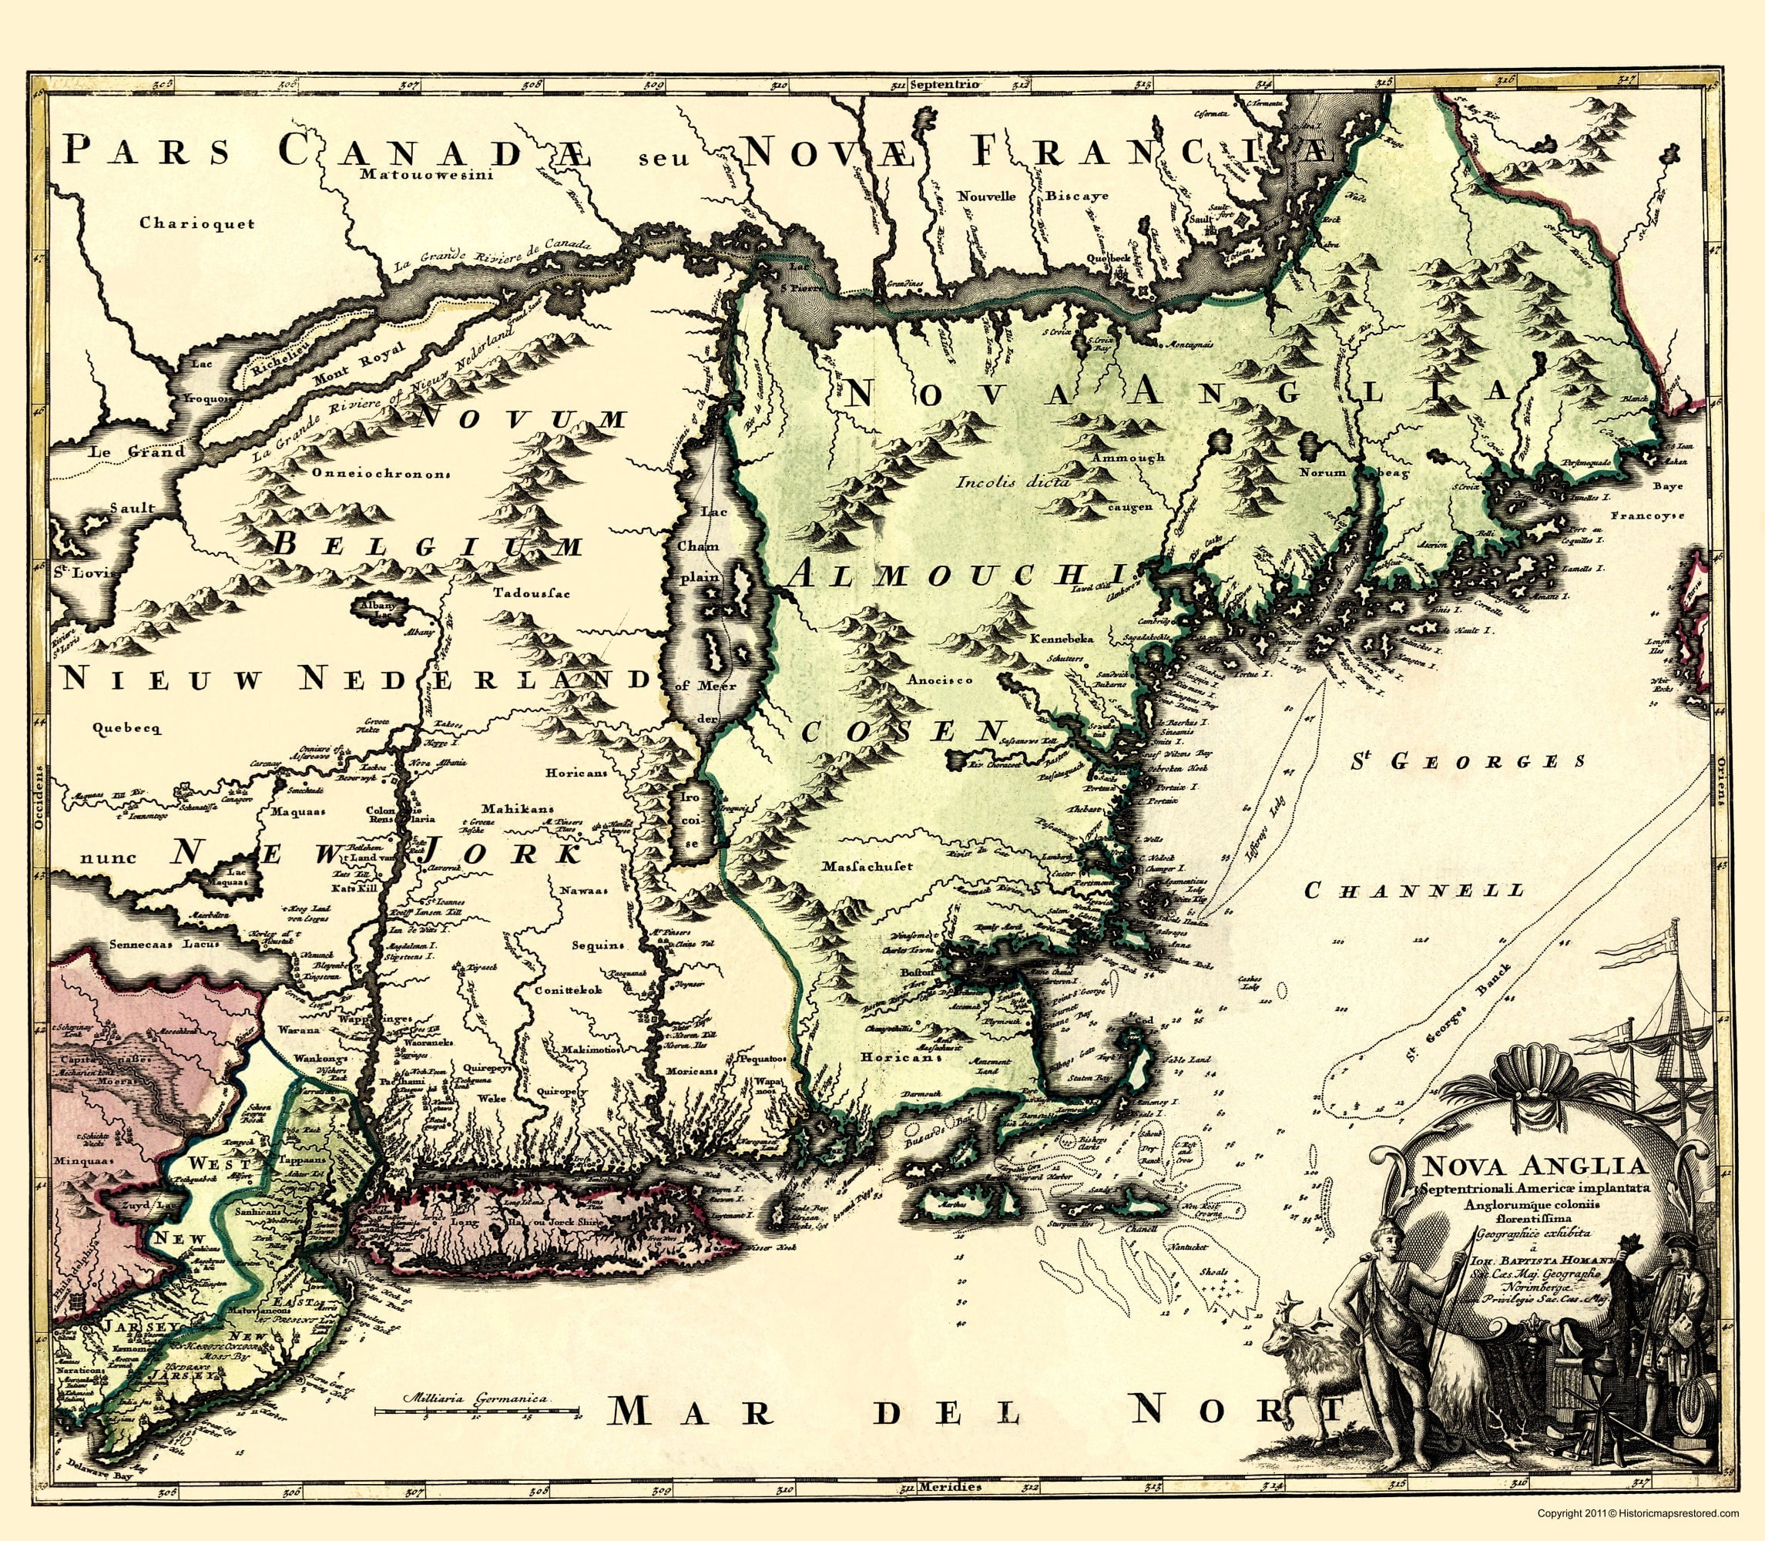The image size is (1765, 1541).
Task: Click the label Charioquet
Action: pos(199,223)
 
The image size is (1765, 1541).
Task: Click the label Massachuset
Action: pos(867,866)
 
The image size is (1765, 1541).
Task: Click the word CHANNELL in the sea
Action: pos(1414,890)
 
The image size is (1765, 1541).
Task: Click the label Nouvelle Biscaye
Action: pos(1022,196)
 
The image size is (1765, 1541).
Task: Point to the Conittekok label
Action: pos(569,989)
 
